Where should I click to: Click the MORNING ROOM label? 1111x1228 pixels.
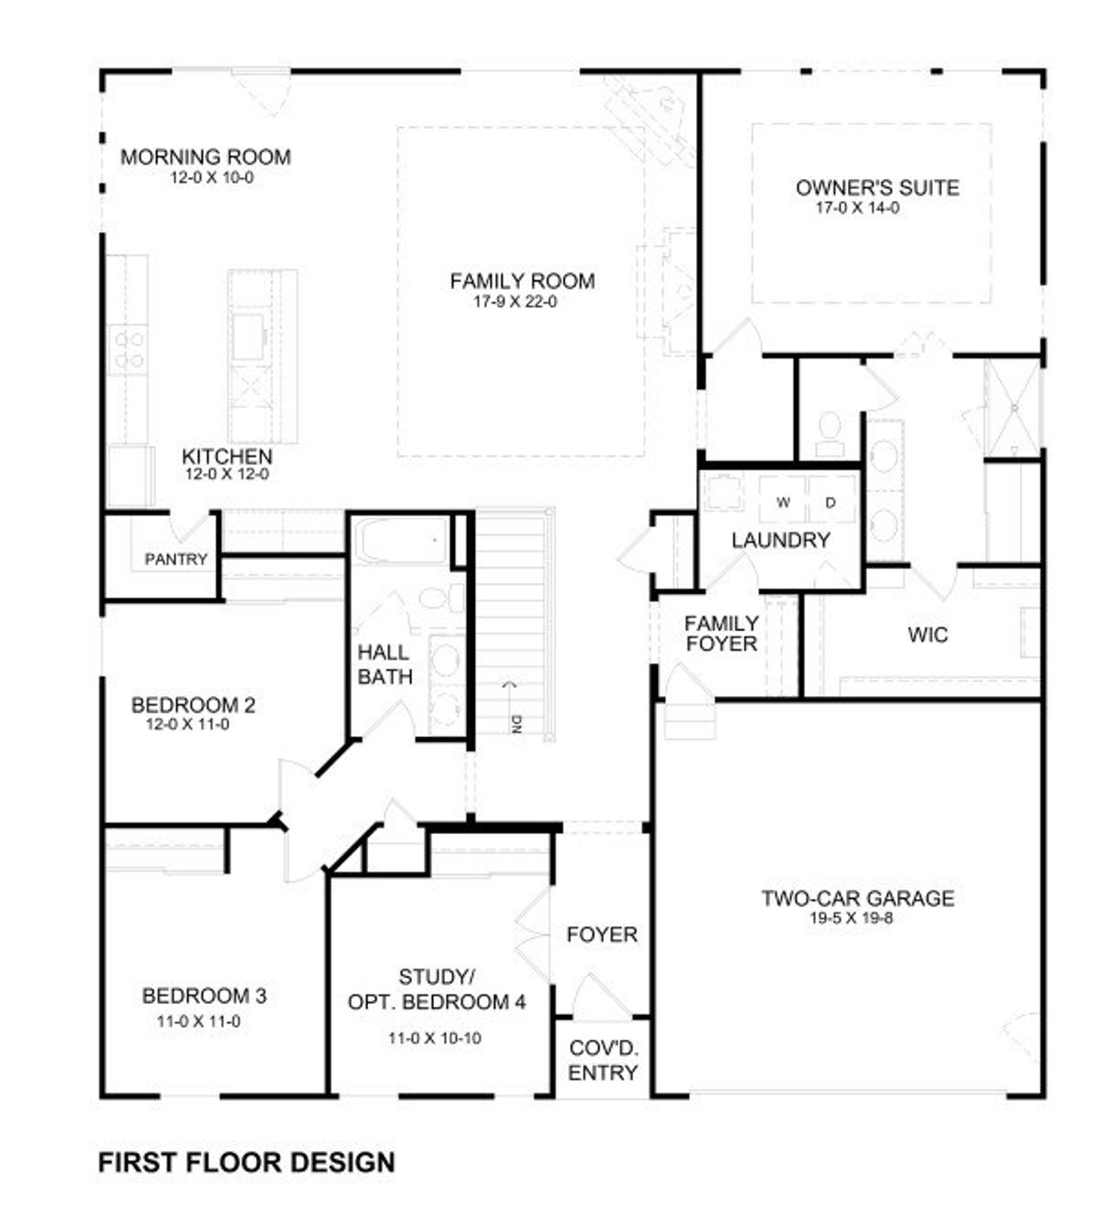[205, 157]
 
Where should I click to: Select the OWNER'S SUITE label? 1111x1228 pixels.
[877, 187]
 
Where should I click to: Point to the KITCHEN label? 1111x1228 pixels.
[227, 456]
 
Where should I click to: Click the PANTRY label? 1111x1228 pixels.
[176, 560]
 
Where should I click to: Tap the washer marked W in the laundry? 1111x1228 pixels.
[783, 502]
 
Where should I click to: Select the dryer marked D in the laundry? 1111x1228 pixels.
[831, 502]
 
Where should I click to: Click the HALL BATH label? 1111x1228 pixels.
[385, 664]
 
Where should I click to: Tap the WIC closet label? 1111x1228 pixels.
[928, 634]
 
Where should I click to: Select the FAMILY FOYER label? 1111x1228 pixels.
[720, 634]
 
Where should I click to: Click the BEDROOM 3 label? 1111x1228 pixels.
[204, 995]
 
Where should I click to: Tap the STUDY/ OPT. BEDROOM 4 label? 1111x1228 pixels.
[437, 990]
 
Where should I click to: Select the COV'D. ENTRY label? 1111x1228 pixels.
[603, 1060]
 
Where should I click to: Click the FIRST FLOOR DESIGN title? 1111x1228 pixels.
[247, 1162]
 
